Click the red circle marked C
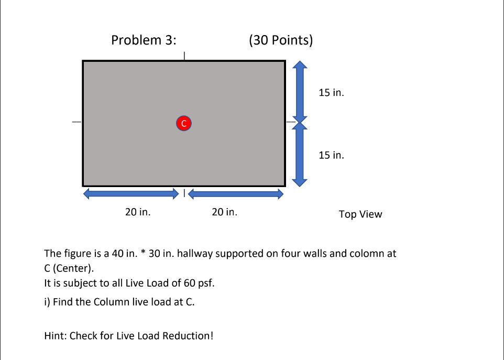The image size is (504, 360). click(x=184, y=123)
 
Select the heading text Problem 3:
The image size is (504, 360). click(x=144, y=40)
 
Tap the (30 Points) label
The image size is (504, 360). click(x=281, y=40)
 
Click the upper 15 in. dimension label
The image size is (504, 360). click(x=331, y=93)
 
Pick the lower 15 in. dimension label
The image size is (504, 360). click(x=331, y=155)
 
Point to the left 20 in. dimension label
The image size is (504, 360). click(x=138, y=212)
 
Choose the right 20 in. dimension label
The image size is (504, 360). click(x=224, y=212)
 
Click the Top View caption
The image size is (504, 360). click(x=360, y=214)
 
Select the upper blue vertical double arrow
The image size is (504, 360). click(x=300, y=92)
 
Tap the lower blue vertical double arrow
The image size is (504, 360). click(x=300, y=155)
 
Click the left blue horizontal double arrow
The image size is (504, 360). click(x=131, y=194)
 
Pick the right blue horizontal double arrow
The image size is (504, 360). click(x=236, y=194)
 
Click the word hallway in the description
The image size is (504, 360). click(x=195, y=254)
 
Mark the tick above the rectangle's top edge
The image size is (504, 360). click(x=184, y=56)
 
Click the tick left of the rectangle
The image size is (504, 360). click(x=76, y=122)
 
